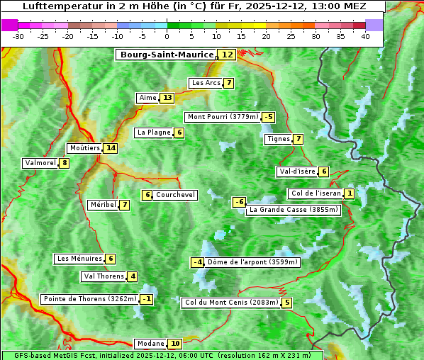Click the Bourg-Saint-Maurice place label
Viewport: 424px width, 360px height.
(x=167, y=55)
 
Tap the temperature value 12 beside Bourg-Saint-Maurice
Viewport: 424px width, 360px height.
(x=227, y=55)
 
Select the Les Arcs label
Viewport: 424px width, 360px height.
(x=206, y=83)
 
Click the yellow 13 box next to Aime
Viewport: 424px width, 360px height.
(x=167, y=98)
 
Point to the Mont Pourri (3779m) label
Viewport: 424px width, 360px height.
(x=222, y=117)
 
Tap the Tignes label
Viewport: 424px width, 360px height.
(x=278, y=139)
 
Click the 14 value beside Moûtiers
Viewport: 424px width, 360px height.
(x=110, y=148)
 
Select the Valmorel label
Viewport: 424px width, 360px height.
(x=40, y=163)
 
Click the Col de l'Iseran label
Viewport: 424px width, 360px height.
(x=316, y=193)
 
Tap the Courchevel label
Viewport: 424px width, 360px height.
(x=175, y=195)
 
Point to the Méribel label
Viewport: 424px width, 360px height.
(x=102, y=205)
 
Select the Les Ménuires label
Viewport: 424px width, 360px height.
(x=79, y=259)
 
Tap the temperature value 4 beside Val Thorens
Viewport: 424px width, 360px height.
(x=133, y=276)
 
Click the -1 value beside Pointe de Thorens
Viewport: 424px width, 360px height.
(x=146, y=299)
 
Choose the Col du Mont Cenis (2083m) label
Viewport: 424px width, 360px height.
(x=230, y=303)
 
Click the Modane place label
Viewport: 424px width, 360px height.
(x=150, y=344)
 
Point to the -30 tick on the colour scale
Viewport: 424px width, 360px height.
(x=18, y=36)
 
